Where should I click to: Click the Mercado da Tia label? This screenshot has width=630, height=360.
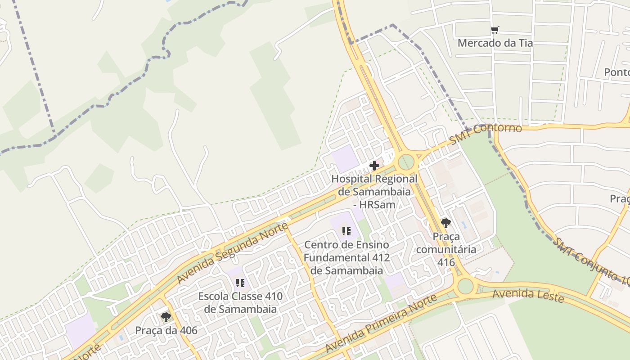coord(495,43)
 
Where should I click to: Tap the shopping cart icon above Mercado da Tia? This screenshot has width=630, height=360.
coord(495,30)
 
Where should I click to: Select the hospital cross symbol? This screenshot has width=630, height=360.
coord(374,166)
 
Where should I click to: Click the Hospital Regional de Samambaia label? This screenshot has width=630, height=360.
coord(374,192)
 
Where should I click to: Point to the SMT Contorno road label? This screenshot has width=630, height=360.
coord(486,134)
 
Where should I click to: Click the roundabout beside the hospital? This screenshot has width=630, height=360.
coord(406,161)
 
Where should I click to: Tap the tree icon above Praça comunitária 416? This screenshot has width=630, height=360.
coord(445,223)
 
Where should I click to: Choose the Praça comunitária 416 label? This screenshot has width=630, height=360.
coord(446,249)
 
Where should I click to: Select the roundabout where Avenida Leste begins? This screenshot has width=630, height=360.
coord(465,286)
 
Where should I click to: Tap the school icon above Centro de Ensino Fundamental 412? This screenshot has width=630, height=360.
coord(346,231)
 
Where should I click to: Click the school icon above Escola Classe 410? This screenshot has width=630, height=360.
coord(240,283)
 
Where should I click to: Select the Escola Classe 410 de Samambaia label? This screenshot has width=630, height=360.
coord(240,303)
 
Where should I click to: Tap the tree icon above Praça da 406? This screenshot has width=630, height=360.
coord(166,317)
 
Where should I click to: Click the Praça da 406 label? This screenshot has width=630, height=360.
coord(166,331)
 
